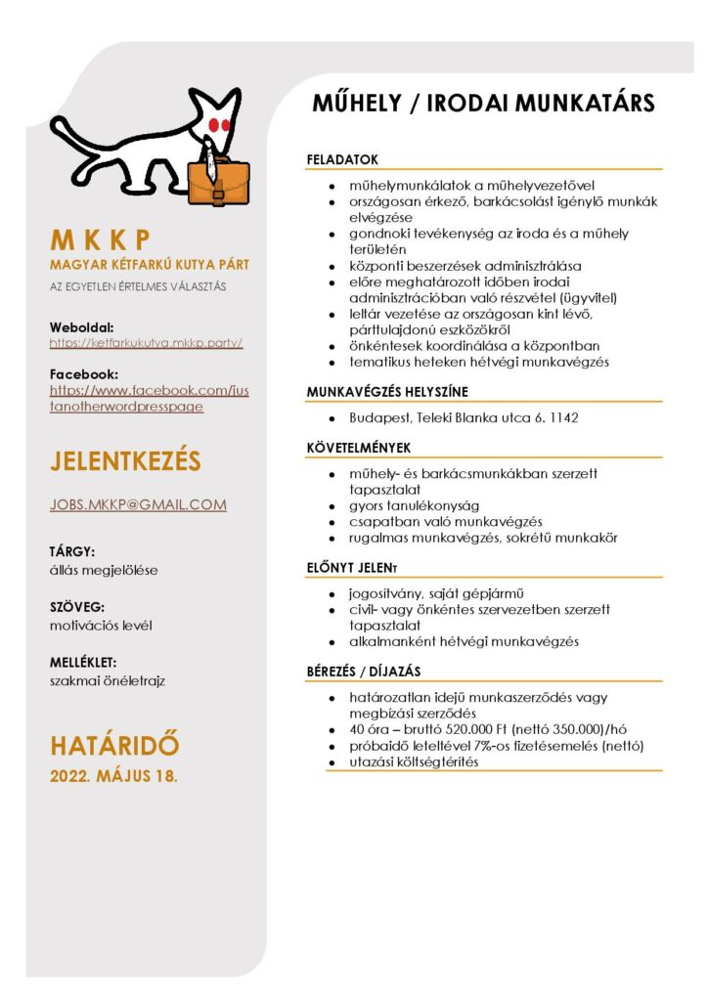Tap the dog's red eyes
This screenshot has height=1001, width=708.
pos(218,124)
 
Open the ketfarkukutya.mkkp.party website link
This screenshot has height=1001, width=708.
pos(146,343)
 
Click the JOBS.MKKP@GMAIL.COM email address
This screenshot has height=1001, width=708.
pos(138,504)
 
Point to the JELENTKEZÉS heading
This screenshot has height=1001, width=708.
pos(125,460)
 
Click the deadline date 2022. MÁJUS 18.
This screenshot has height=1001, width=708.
pos(113,776)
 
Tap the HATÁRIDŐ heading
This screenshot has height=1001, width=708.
pos(114,745)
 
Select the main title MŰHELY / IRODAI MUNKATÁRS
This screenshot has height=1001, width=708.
pos(483,104)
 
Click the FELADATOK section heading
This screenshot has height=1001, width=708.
pos(342,159)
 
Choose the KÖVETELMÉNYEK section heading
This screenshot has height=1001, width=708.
pos(359,448)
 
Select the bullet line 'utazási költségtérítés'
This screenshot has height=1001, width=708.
pos(414,762)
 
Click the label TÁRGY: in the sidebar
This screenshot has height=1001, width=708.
pos(72,551)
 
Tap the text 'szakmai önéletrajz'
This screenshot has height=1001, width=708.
pos(107,680)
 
